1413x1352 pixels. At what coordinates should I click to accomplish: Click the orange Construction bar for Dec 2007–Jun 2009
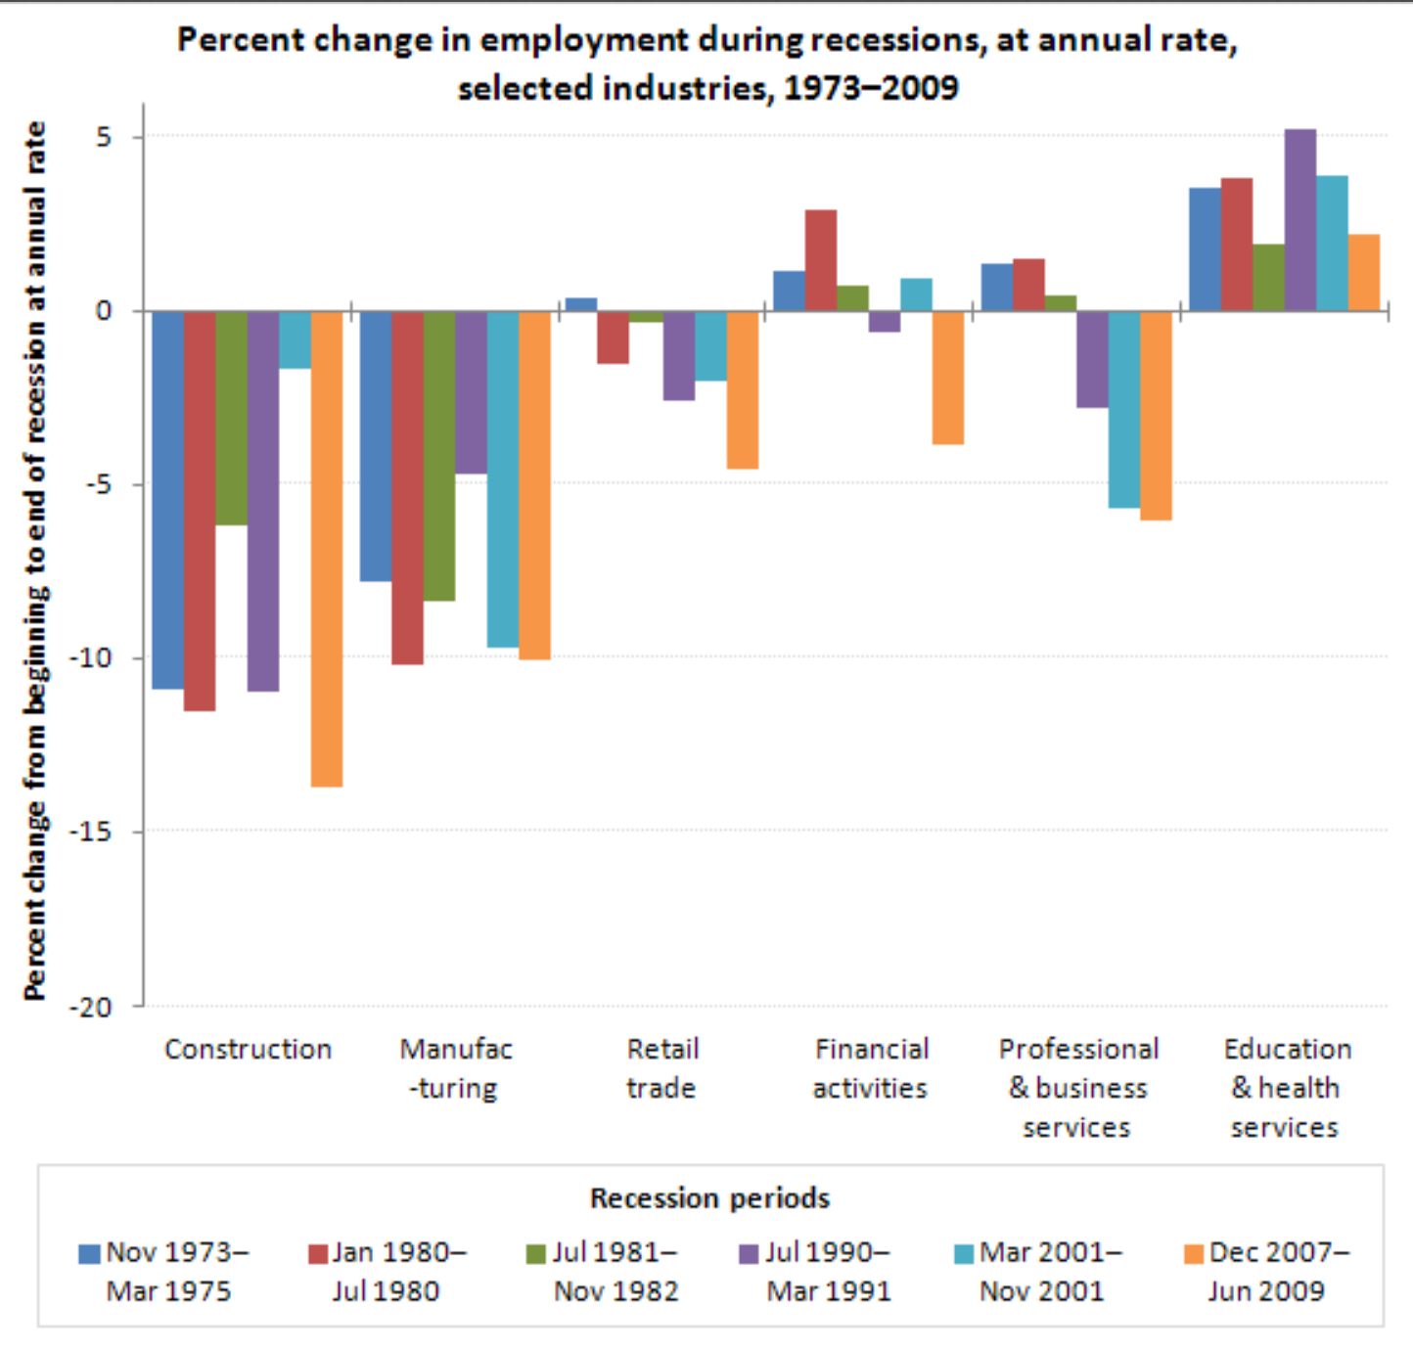click(x=327, y=548)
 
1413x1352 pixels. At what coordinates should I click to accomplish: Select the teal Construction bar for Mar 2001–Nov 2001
click(x=295, y=339)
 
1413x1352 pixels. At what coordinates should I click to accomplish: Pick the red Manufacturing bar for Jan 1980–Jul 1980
click(x=407, y=487)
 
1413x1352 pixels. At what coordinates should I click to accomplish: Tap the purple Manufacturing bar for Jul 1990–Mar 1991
click(x=471, y=392)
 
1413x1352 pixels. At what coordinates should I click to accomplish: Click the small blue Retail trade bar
click(x=581, y=304)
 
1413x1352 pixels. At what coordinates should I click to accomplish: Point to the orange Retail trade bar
click(x=742, y=389)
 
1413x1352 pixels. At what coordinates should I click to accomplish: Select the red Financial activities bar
click(x=821, y=260)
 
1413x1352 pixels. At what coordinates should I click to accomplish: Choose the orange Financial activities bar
click(x=947, y=378)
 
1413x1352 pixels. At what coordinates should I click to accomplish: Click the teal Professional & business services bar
click(x=1123, y=409)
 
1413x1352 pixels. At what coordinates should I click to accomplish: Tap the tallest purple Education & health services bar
click(x=1299, y=220)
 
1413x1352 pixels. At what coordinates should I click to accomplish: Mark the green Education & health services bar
click(x=1268, y=277)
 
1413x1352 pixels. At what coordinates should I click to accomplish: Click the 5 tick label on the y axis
click(x=104, y=137)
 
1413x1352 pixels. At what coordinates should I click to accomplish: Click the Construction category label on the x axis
click(x=248, y=1050)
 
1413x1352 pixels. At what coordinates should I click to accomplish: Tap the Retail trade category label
click(x=662, y=1068)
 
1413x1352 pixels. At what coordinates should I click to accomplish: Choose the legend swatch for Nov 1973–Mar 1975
click(x=89, y=1253)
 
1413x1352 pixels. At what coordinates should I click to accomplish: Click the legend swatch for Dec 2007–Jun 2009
click(x=1193, y=1253)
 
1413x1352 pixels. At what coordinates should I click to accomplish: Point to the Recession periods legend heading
click(x=709, y=1198)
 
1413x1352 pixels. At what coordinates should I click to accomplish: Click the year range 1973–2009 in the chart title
click(x=871, y=88)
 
